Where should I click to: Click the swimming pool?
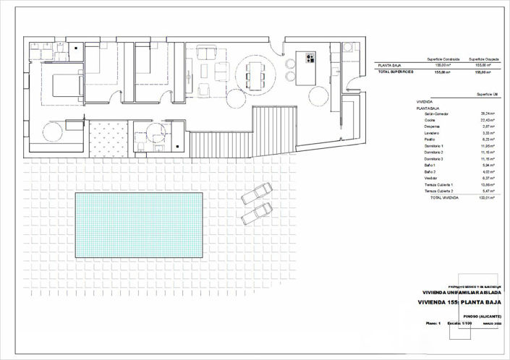[x=138, y=225]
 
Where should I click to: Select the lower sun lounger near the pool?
[x=258, y=214]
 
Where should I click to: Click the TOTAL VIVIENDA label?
[x=446, y=197]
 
